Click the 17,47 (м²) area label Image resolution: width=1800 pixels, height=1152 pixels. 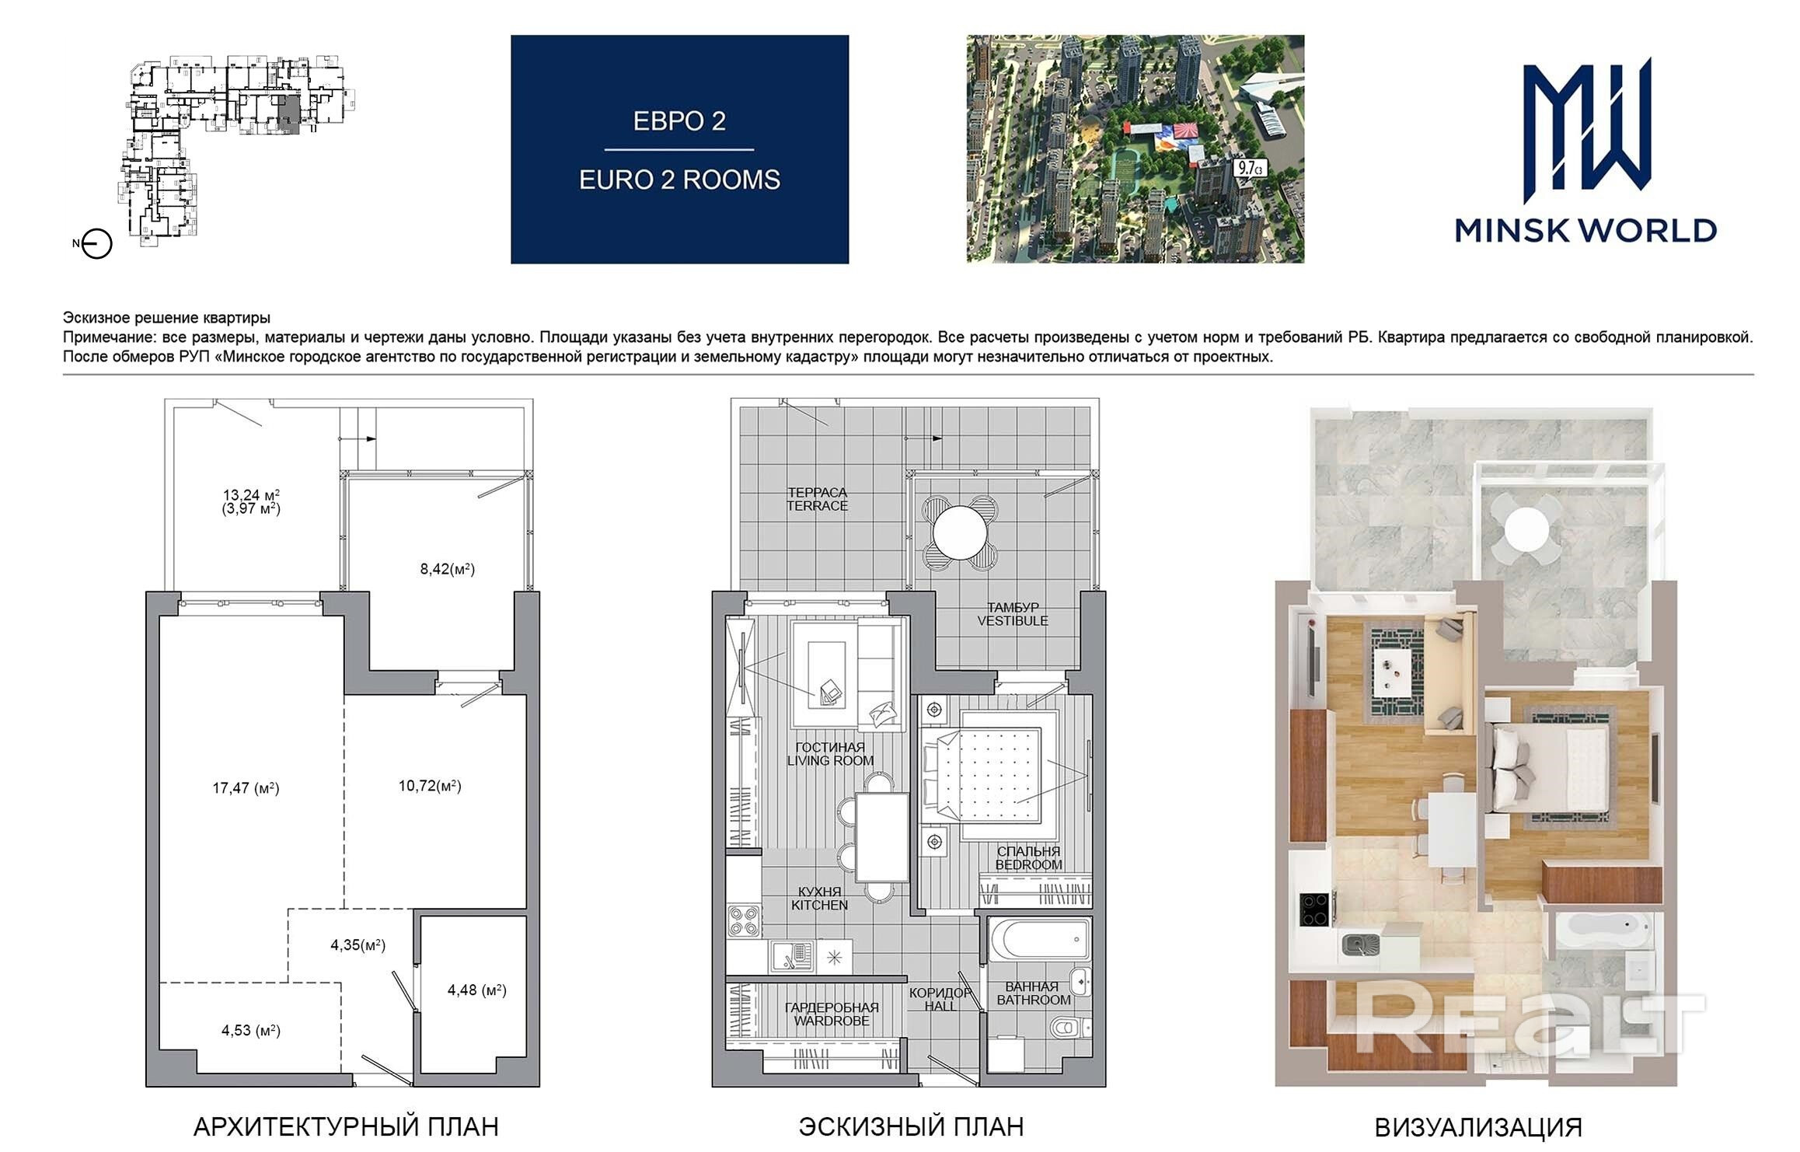(246, 788)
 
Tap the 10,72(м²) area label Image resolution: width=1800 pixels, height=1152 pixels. (430, 786)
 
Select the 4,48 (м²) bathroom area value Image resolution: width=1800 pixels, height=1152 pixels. (476, 990)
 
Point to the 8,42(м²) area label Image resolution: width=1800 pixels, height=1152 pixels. (447, 569)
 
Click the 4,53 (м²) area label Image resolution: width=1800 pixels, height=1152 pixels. (250, 1031)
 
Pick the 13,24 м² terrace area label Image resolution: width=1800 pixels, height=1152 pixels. (251, 495)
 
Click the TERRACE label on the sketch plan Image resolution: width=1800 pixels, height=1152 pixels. (817, 506)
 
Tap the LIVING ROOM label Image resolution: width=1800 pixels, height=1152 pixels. (830, 761)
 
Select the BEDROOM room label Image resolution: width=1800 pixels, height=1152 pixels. (1028, 865)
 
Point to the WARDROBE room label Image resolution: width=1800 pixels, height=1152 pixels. (832, 1021)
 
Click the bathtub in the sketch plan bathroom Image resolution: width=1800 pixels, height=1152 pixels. (1039, 941)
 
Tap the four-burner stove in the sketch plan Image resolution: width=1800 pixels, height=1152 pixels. (744, 921)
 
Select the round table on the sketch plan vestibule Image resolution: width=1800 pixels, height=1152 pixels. (960, 533)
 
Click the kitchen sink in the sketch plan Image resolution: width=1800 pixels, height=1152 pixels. (792, 957)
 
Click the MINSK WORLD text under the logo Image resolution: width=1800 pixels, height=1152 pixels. (1585, 231)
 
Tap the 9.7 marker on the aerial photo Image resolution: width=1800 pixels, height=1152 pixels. (1251, 167)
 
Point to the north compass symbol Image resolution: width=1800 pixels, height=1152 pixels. (96, 244)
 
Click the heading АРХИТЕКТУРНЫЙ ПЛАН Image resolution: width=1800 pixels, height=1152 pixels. (346, 1127)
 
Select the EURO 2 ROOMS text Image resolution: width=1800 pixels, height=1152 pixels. (679, 180)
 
